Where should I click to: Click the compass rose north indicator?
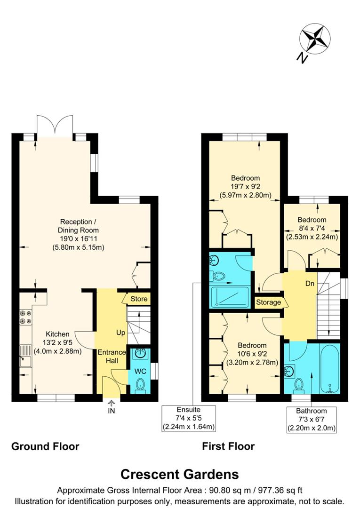314,39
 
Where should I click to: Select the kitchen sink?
24,361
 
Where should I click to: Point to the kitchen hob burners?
25,317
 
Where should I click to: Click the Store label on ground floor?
139,299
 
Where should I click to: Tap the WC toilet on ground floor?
140,386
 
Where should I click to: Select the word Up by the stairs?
121,333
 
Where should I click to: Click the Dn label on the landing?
309,284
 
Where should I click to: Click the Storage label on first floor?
269,302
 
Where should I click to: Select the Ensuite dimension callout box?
189,418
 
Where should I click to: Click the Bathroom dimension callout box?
312,420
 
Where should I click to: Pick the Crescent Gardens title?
180,474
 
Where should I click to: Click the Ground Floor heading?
45,446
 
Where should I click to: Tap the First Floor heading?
228,446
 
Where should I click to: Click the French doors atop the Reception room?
55,125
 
